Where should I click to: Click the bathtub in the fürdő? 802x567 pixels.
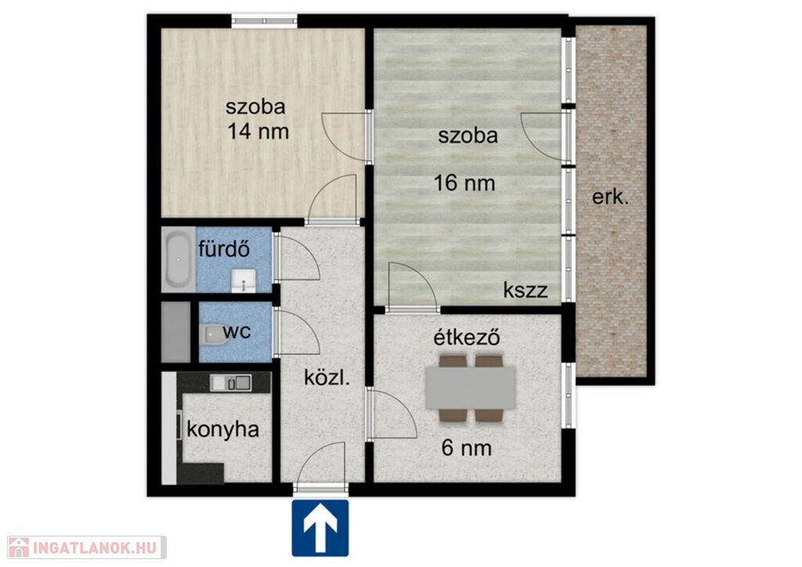179,260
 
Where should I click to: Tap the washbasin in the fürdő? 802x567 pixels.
244,281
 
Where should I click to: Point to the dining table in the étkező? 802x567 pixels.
470,388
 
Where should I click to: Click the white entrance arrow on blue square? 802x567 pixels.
320,528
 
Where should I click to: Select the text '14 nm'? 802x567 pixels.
258,132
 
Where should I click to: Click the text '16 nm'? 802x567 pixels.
464,182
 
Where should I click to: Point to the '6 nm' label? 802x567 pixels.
467,448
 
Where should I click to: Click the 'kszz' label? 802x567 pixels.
526,290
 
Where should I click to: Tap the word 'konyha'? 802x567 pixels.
223,429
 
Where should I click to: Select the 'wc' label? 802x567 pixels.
237,331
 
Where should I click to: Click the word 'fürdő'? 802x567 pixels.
224,249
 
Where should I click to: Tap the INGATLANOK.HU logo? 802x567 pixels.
87,547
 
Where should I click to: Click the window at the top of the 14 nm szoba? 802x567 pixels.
265,21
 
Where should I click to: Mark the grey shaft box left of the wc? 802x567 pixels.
176,332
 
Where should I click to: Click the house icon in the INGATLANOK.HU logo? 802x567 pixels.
19,547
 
